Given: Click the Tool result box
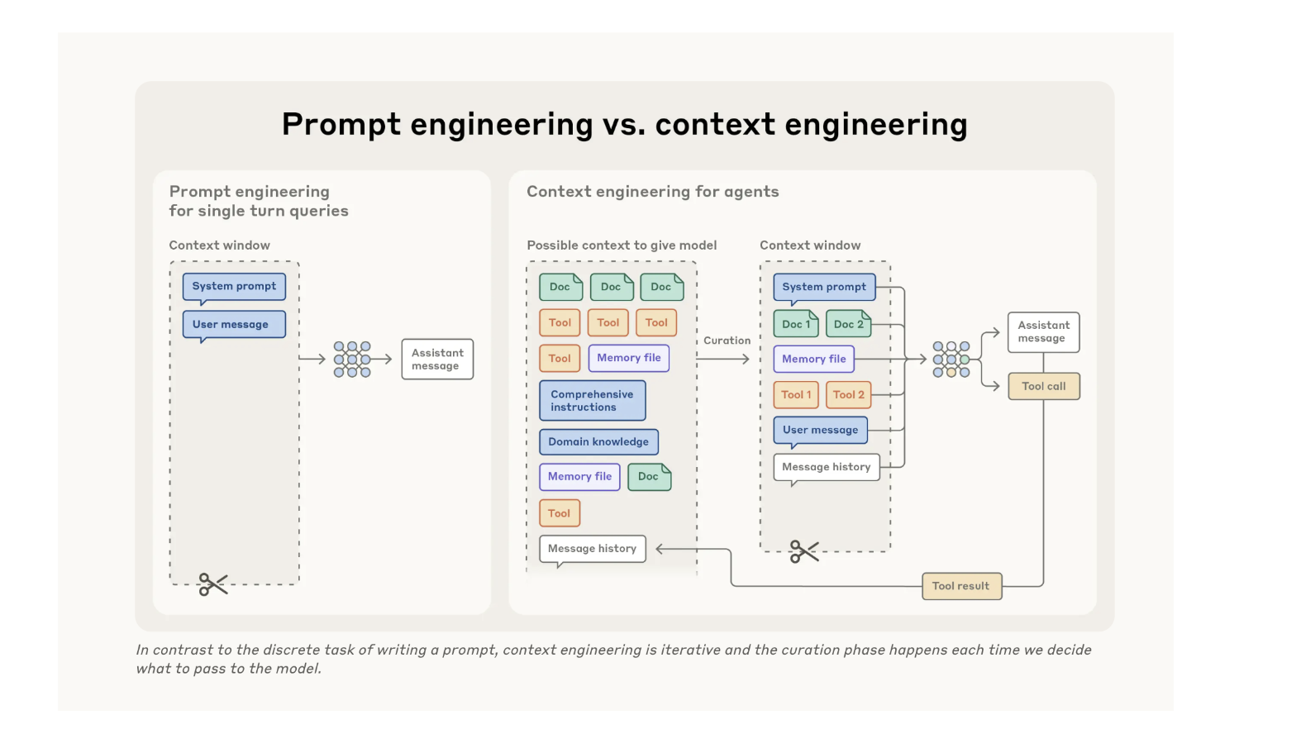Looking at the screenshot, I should pos(961,586).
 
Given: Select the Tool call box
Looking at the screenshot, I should pos(1044,386).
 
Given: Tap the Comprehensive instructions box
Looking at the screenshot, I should pos(592,401).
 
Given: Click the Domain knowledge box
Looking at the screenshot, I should pos(598,441).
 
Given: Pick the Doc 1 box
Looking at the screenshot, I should pos(796,324).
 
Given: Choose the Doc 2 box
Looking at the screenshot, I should pos(848,324).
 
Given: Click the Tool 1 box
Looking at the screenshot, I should pos(796,394).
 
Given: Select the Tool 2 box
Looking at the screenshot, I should pos(848,394).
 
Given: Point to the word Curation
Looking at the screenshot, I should pos(727,341).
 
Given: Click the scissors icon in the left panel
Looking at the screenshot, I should pos(212,584).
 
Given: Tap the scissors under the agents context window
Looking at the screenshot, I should pos(803,551).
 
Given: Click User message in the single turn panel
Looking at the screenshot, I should pos(233,324).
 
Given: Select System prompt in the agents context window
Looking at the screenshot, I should pos(824,287).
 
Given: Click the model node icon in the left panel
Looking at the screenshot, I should pos(352,359).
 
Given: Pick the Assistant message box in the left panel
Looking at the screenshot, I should pos(437,359).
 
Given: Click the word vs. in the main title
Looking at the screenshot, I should pos(623,124).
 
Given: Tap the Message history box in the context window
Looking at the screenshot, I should pos(826,467).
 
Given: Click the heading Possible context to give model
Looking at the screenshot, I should pos(622,245).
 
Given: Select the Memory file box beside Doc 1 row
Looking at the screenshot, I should pos(813,359).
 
